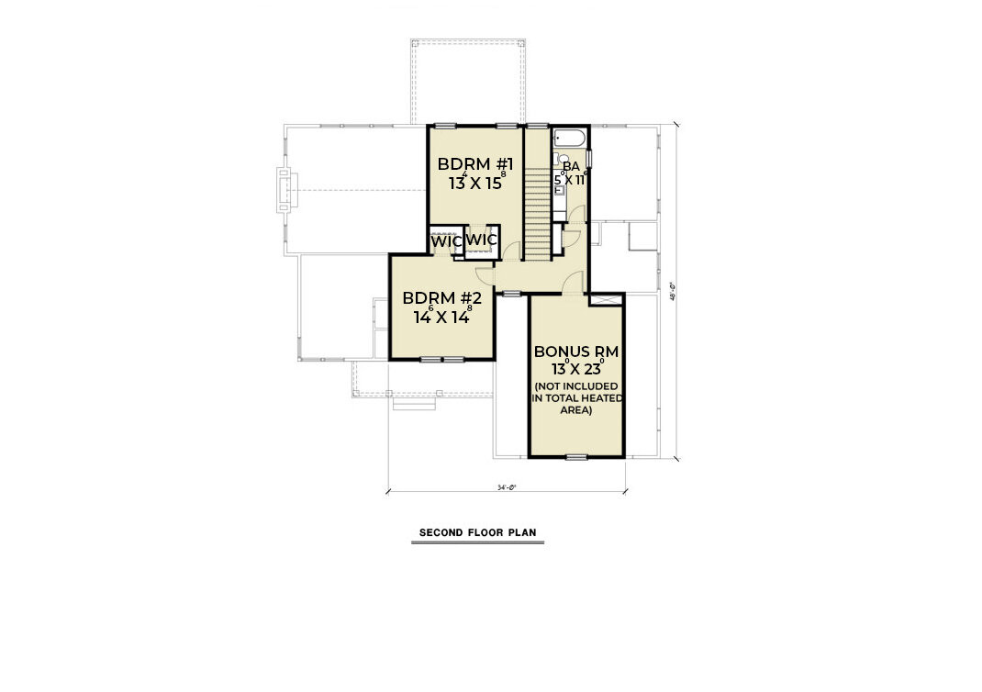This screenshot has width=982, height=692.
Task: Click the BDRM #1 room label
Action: (x=474, y=164)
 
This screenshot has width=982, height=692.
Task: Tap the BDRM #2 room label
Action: (x=442, y=298)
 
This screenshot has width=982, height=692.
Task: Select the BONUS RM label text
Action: (x=576, y=352)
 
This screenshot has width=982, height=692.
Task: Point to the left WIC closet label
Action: (x=445, y=240)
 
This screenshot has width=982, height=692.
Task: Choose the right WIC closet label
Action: (x=482, y=240)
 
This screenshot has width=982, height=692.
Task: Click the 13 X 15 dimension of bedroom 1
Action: (x=475, y=183)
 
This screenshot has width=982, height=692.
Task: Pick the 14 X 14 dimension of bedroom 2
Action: (x=442, y=318)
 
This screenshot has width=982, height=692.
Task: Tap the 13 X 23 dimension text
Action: (x=576, y=370)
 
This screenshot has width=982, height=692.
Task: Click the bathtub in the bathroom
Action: (x=569, y=139)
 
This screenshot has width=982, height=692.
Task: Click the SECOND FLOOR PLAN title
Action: (x=477, y=532)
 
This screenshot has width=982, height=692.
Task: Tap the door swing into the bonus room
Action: (x=573, y=285)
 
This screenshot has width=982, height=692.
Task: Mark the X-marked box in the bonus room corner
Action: (x=606, y=301)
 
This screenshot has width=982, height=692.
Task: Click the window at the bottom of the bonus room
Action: (x=575, y=456)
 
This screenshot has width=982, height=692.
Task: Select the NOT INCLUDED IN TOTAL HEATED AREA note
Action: (x=576, y=398)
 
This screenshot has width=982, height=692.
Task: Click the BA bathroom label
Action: (x=571, y=166)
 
